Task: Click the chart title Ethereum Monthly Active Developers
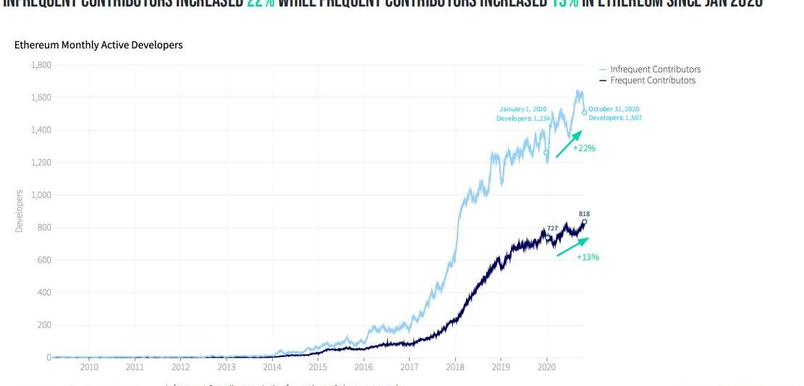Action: pos(98,45)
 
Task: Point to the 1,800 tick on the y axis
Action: pos(41,65)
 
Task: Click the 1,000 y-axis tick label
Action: pos(41,195)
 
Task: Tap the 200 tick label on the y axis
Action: pos(43,325)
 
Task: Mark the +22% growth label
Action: pos(584,148)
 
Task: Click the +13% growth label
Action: pos(588,257)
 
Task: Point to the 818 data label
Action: pos(585,214)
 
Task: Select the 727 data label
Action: pos(552,228)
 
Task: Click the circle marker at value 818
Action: pos(585,222)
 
